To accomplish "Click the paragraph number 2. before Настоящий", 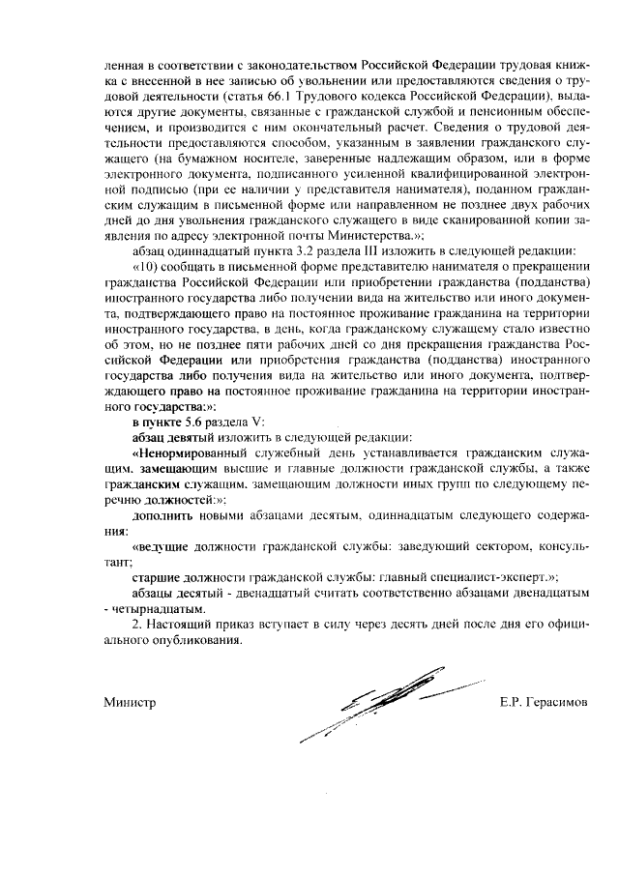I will click(136, 625).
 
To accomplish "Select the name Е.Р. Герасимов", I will click(543, 701).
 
